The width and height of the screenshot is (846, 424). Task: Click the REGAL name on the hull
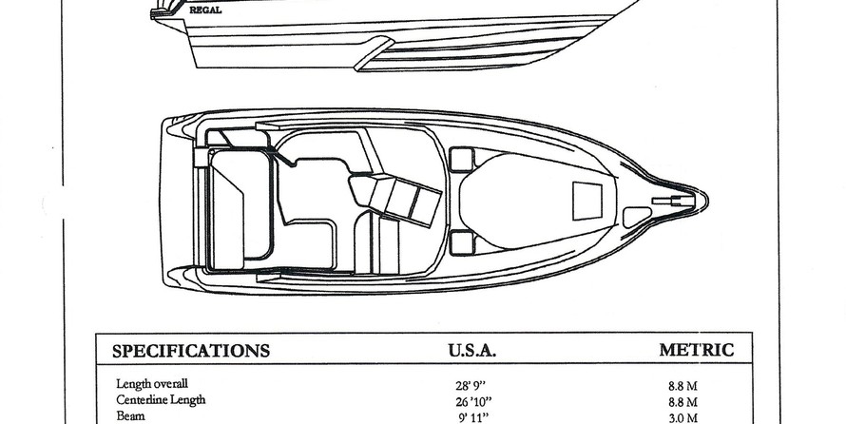pos(205,10)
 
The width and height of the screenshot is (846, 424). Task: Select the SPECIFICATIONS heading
pos(191,351)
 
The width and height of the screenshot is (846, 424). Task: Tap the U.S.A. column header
pos(472,351)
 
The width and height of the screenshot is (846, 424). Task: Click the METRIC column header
pos(697,350)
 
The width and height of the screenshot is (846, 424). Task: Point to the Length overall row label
pos(152,383)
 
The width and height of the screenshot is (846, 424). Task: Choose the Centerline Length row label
pos(161,399)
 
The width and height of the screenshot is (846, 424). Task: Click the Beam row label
pos(130,415)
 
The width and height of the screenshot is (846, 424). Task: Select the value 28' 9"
pos(471,386)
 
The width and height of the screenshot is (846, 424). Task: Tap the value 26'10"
pos(473,402)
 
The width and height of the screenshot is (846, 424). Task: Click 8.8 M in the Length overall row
pos(683,386)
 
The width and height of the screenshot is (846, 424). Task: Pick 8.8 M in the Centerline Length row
pos(683,402)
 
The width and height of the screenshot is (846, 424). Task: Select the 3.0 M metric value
pos(683,418)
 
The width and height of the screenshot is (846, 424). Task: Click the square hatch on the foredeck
pos(587,201)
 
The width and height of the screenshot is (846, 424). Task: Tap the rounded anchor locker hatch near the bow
pos(637,217)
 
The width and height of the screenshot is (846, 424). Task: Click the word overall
pos(170,383)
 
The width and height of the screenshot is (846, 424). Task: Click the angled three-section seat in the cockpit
pos(396,199)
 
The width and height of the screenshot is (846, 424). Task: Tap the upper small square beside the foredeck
pos(461,160)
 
